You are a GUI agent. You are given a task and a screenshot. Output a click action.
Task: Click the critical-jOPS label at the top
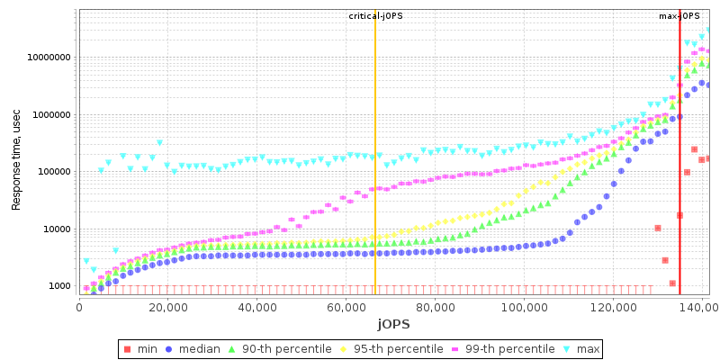(374, 16)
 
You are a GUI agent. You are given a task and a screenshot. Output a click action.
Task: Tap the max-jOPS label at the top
(679, 16)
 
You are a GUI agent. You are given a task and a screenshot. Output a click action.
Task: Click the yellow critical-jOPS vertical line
(374, 180)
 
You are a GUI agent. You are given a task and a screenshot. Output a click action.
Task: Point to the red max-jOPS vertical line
(679, 180)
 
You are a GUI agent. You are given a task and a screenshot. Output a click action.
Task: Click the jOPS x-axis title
(393, 324)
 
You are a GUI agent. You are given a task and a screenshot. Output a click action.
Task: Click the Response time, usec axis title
(16, 156)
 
